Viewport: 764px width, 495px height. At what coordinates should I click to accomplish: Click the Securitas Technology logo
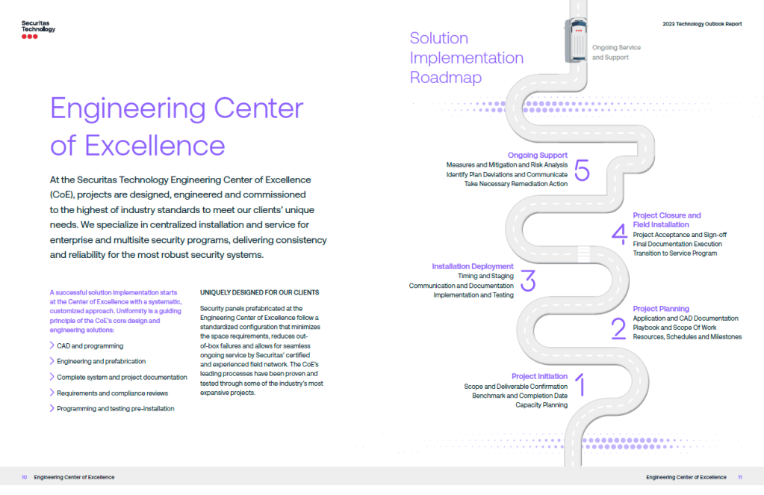coord(38,29)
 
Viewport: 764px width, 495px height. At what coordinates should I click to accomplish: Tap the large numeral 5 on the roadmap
coord(583,170)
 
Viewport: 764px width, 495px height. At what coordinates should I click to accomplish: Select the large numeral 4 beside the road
coord(619,233)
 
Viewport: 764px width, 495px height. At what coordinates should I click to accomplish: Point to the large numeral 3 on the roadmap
coord(528,280)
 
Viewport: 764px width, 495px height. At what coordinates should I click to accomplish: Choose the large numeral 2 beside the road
coord(618,328)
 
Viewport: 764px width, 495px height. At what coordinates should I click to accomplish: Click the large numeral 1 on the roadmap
coord(582,386)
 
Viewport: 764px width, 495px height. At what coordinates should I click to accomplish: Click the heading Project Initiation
coord(539,376)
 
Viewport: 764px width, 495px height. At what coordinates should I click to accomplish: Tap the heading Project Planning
coord(661,309)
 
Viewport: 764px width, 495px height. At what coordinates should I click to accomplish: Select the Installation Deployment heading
coord(473,266)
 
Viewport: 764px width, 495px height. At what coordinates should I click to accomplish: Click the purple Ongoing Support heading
coord(537,156)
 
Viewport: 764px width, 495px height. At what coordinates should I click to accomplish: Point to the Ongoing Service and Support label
coord(616,52)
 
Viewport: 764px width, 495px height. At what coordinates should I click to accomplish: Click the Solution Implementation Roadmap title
coord(466,58)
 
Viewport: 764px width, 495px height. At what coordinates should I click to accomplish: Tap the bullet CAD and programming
coord(90,346)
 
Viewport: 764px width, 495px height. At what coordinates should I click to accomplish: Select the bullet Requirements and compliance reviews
coord(112,393)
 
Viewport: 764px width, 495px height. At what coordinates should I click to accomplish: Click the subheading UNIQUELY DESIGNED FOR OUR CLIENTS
coord(259,292)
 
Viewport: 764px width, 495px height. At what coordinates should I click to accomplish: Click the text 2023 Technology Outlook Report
coord(702,24)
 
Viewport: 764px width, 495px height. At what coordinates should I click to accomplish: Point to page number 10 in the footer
coord(25,477)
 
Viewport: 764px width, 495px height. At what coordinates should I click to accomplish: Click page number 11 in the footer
coord(739,477)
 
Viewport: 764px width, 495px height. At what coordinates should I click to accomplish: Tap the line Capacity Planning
coord(541,405)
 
